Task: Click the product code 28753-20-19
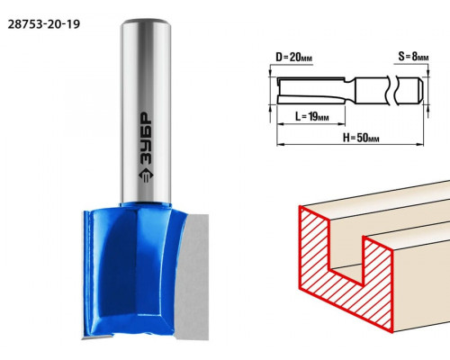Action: click(x=44, y=24)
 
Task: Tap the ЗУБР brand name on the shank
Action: click(x=146, y=139)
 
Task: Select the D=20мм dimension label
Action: click(x=293, y=57)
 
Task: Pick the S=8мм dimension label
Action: click(x=413, y=56)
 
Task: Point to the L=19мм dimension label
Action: click(x=311, y=116)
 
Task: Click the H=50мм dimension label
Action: click(x=361, y=138)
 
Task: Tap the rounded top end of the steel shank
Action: click(x=146, y=22)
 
